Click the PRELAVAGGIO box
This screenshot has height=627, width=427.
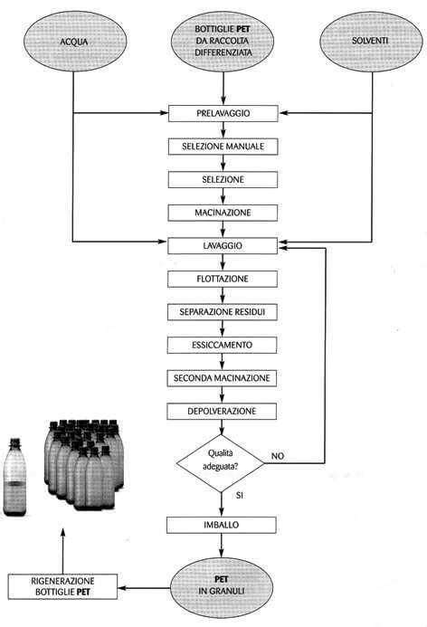coord(222,114)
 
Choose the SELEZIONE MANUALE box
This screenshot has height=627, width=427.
coord(222,147)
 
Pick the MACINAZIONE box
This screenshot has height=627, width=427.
coord(222,212)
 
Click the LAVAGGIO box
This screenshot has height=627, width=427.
coord(222,245)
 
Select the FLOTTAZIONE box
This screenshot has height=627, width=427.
coord(222,279)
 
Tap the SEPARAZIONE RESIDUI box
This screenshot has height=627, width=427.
coord(222,312)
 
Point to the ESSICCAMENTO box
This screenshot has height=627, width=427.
coord(222,346)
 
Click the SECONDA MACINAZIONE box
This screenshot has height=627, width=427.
coord(222,377)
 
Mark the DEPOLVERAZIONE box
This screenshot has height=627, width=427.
coord(222,411)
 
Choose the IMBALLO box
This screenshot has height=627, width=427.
coord(222,525)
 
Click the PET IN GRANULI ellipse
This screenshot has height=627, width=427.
coord(222,585)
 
